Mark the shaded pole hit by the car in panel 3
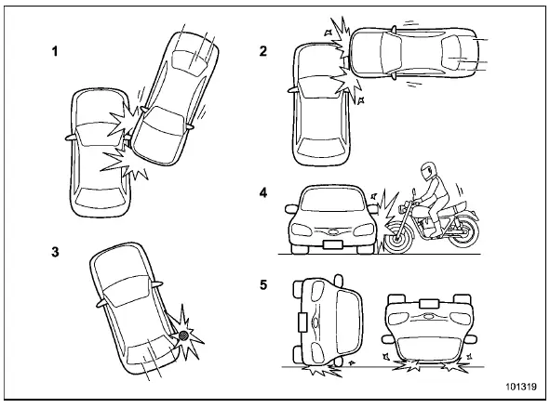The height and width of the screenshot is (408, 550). coord(184,334)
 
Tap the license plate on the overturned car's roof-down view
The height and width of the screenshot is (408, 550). coord(429,302)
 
